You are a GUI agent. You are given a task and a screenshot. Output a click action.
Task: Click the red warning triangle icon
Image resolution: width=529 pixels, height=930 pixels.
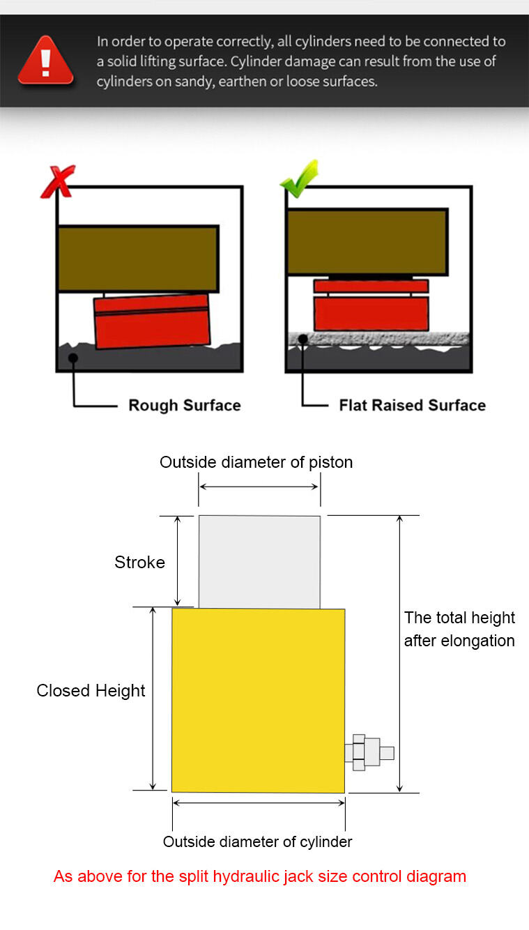point(46,60)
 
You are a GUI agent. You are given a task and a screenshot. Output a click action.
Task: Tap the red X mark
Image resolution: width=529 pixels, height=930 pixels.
point(58,181)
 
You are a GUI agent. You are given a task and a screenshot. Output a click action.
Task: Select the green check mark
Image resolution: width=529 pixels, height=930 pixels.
point(300,179)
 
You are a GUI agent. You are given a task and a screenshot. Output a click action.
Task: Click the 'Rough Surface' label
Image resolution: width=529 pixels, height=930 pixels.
point(185,405)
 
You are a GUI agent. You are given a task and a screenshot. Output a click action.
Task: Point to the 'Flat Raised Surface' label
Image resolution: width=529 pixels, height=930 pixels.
point(413,405)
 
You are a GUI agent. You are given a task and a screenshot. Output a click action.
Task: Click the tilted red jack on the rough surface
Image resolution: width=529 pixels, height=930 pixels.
point(152,321)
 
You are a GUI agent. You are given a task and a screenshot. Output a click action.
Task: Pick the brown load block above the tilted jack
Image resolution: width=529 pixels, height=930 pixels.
point(138,259)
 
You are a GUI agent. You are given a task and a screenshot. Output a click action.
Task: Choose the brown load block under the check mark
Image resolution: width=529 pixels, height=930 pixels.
point(367,242)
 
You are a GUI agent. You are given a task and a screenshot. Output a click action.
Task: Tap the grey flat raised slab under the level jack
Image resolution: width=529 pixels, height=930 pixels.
point(378,338)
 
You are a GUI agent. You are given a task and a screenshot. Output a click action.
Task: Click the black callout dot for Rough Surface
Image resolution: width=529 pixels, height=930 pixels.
point(73,358)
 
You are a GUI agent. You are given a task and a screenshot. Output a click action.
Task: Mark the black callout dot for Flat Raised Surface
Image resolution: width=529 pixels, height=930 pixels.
point(303,340)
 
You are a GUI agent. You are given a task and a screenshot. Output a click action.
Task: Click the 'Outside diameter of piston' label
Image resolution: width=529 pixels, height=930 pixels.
point(256,462)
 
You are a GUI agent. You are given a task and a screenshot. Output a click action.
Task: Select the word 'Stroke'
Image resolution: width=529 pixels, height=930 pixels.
point(139,562)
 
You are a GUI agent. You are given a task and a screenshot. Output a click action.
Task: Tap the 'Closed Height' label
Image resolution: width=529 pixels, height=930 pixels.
point(91,691)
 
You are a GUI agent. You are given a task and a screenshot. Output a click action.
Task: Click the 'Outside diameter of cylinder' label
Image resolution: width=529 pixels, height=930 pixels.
point(257,841)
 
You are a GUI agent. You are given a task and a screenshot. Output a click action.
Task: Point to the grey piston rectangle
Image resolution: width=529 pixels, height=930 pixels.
point(259,562)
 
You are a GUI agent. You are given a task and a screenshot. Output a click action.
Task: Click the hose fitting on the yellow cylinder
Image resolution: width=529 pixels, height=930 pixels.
point(369,752)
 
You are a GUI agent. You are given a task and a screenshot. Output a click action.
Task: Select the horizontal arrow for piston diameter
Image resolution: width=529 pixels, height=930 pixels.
point(259,487)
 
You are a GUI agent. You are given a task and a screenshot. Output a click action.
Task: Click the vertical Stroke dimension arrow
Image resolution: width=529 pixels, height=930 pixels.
point(178,561)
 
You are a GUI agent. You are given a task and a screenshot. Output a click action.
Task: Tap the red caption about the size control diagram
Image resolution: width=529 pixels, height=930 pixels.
point(260,876)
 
